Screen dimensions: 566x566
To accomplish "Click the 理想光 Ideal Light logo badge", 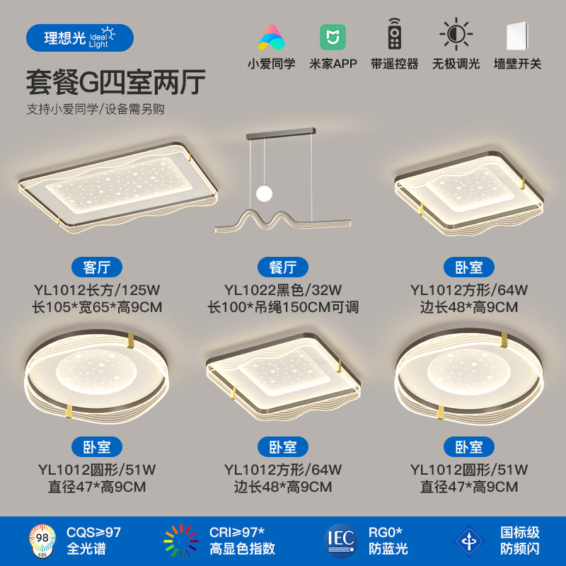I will (79, 37).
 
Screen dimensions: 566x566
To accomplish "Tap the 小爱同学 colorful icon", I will (272, 36).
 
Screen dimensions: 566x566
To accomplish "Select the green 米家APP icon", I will (333, 36).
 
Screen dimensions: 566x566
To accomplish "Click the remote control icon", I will (394, 36).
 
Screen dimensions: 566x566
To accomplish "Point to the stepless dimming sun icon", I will (455, 35).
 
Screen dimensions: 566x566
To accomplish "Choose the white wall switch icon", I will (516, 36).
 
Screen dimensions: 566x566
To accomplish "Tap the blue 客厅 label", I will (97, 267).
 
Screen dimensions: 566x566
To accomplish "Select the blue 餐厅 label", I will (283, 267).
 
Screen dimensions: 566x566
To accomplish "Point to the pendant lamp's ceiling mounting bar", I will (281, 132).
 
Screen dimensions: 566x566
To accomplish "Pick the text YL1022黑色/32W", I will (283, 289).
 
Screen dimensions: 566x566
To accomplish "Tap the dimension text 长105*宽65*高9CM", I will (97, 307).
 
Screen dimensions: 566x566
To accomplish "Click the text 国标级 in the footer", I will (520, 532).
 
